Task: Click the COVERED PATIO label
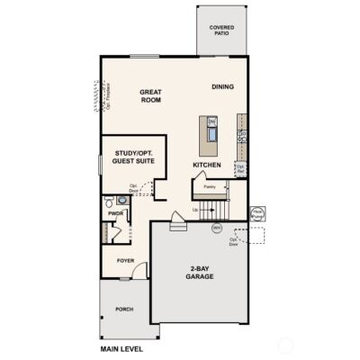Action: point(221,30)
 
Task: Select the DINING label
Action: point(223,86)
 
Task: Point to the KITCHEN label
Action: point(208,166)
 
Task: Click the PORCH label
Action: point(124,309)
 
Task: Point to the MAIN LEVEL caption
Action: point(121,346)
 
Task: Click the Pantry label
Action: point(210,186)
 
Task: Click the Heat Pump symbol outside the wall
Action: point(256,214)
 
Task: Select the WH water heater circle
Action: point(217,228)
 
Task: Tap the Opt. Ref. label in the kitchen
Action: point(240,167)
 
